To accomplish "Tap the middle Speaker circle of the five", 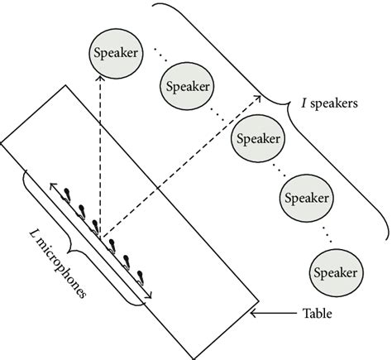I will (x=256, y=138).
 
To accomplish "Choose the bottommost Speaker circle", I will (x=335, y=271).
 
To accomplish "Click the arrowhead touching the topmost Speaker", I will (x=100, y=74).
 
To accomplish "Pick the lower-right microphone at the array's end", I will (x=141, y=277).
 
